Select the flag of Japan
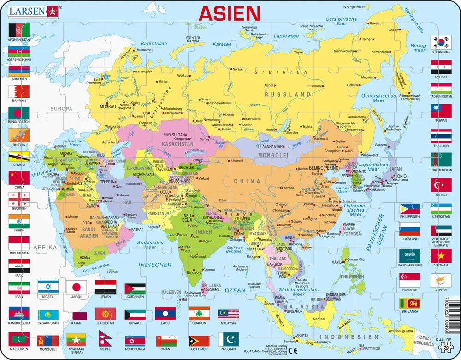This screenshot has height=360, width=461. [76, 287]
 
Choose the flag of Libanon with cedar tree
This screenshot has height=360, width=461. [199, 313]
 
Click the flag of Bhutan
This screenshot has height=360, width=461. [19, 135]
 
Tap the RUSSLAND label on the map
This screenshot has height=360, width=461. [288, 94]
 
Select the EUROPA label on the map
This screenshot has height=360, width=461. [62, 109]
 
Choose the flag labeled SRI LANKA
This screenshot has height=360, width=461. [409, 303]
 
